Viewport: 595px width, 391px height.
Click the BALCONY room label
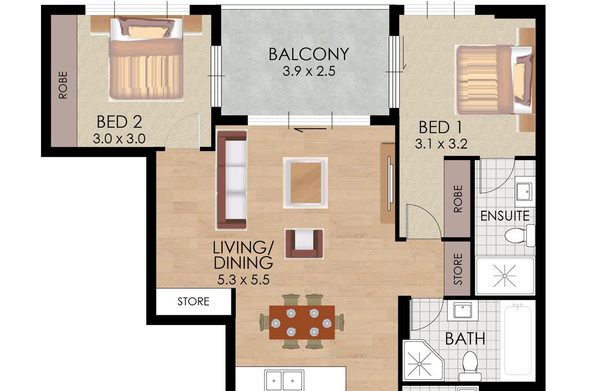(308, 54)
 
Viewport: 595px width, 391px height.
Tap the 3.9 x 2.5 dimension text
(309, 71)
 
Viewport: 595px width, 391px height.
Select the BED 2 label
(119, 122)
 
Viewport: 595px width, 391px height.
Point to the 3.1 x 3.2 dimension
(441, 144)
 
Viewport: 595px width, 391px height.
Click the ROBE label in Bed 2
(63, 85)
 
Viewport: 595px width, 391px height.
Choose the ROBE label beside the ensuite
(458, 199)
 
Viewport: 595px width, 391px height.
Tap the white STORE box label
(193, 302)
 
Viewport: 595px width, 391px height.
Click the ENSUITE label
(505, 216)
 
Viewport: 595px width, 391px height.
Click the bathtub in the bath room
(518, 341)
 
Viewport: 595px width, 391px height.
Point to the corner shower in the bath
(423, 360)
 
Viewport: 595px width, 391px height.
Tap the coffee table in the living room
(306, 183)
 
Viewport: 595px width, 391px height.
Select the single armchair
(305, 244)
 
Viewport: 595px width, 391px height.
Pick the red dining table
(302, 323)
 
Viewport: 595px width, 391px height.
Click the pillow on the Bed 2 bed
(146, 32)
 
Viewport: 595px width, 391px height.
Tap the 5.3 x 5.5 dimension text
(243, 280)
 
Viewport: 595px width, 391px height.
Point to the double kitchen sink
(284, 380)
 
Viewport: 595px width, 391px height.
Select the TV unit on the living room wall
(388, 184)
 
